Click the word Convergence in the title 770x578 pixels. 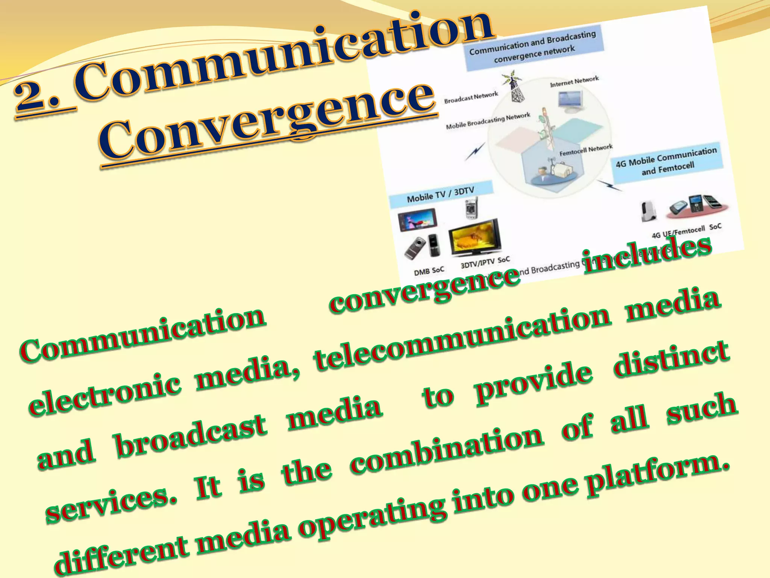(x=267, y=120)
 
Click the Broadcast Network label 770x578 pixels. (x=471, y=97)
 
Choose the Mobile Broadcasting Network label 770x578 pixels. (x=488, y=120)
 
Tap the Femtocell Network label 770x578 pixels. (x=586, y=150)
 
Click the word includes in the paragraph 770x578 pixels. (x=647, y=251)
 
